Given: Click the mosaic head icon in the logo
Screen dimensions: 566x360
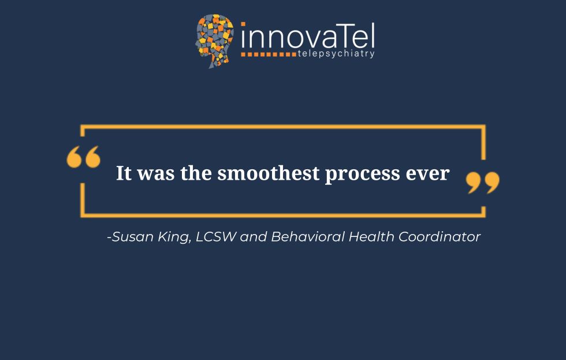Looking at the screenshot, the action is [214, 40].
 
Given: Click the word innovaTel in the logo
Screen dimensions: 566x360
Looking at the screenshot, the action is [308, 35].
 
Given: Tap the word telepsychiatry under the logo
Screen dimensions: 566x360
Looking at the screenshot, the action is [336, 54].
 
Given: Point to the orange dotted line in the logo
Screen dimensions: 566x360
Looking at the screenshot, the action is [269, 54].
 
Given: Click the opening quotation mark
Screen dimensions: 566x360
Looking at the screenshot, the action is [83, 157].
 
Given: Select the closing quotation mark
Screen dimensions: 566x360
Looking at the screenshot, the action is [483, 183].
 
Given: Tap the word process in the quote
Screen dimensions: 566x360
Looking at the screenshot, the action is [363, 175].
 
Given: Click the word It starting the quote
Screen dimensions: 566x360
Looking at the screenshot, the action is [124, 173].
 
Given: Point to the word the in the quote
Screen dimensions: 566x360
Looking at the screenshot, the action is [196, 173].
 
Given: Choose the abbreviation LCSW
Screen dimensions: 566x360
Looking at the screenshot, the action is [216, 236].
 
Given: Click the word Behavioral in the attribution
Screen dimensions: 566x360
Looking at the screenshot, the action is [308, 236].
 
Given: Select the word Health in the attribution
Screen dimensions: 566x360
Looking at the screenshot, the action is [371, 236].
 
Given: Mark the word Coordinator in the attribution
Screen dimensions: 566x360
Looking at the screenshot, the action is [440, 236].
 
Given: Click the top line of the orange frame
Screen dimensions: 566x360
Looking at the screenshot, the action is [282, 127].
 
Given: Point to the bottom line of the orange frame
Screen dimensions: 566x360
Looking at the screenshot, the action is [282, 215].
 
